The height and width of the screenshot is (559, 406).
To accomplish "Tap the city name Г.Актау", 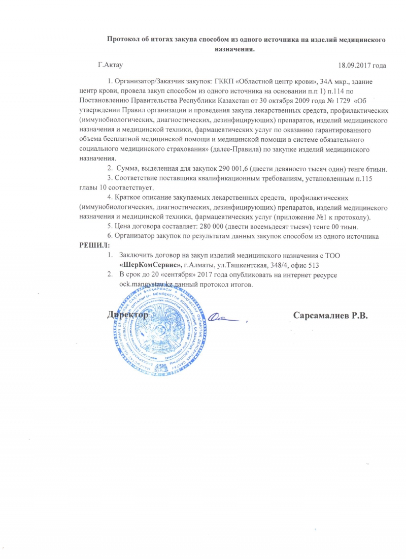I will pos(111,65).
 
